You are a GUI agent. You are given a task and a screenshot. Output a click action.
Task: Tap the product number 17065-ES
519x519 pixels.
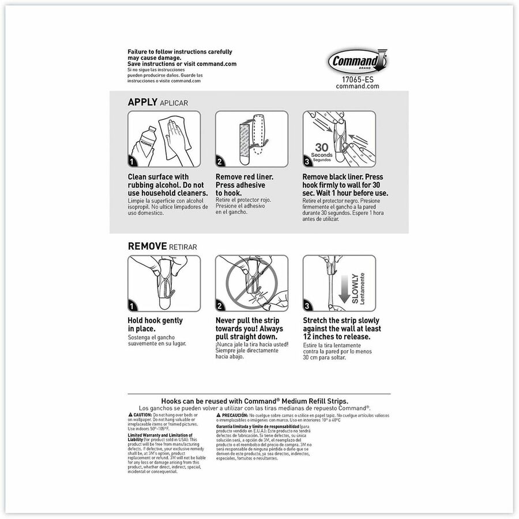358,79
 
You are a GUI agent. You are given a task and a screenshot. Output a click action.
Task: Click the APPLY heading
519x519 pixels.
142,102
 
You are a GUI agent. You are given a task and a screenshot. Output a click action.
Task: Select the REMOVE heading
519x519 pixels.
148,246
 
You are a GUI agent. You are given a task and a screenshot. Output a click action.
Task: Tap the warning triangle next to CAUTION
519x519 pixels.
130,415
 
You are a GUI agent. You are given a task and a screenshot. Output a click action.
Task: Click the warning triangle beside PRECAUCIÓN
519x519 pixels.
219,415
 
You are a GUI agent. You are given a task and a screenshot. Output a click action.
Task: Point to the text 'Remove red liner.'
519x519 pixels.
245,177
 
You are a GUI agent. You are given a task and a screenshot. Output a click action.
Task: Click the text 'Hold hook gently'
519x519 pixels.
155,321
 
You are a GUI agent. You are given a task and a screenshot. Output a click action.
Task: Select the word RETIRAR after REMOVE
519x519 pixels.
183,247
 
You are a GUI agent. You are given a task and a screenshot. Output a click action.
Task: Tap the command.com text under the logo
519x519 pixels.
358,86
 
